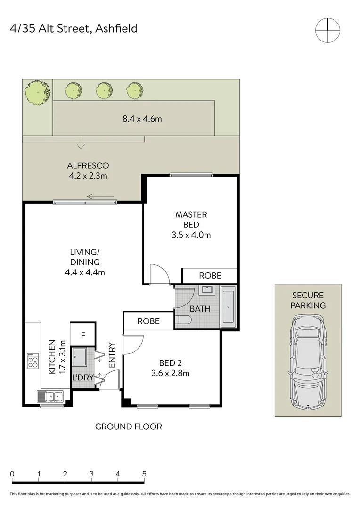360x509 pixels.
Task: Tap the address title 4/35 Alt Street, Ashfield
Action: coord(74,28)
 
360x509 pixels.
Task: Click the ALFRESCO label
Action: coord(88,171)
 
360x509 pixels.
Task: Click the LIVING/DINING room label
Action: coord(85,262)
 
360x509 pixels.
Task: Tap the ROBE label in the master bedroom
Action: coord(210,276)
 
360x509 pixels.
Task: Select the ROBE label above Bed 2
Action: coord(148,321)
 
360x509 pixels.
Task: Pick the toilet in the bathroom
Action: coord(184,321)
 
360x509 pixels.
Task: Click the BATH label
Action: coord(201,310)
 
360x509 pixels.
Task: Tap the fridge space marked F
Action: coord(83,335)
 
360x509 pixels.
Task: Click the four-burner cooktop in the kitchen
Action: coord(33,361)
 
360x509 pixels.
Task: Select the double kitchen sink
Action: coord(50,396)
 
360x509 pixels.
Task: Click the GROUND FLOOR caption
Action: coord(129,427)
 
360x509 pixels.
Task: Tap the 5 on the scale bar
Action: coord(144,474)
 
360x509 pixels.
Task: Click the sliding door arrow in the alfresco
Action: coord(100,197)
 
